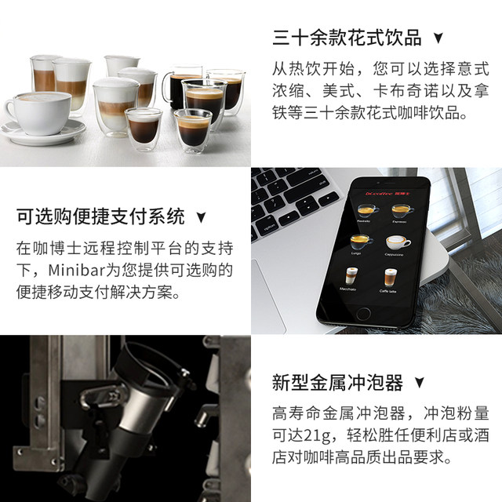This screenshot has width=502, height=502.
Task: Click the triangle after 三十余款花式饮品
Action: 438,38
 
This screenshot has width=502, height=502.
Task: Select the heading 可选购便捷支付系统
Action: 101,216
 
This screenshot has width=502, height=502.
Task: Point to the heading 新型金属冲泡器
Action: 337,383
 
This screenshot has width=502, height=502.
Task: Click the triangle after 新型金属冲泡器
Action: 420,384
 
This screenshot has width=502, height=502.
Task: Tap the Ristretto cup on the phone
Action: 366,211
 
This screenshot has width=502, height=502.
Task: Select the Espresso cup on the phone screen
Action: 402,212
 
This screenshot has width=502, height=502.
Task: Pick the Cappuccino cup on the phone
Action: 395,244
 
